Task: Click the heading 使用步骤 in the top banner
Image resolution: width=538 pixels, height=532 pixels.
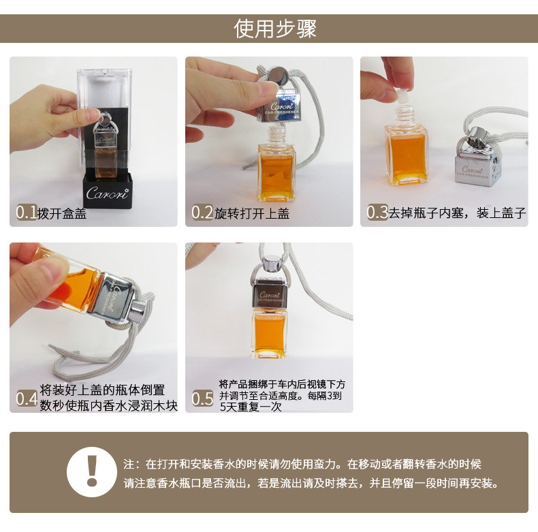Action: point(275,29)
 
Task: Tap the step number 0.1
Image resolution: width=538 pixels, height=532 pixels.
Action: point(27,213)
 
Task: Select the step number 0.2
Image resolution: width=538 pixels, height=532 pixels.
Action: point(202,213)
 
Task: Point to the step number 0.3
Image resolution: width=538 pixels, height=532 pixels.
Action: point(377,213)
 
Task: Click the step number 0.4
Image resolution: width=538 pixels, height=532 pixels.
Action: point(27,398)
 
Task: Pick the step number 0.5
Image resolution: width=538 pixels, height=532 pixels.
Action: point(202,398)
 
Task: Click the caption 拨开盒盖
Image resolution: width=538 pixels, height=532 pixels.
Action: point(62,213)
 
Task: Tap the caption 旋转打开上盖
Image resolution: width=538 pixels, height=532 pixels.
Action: point(252,213)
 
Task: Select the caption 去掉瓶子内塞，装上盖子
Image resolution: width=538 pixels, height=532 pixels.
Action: point(457,213)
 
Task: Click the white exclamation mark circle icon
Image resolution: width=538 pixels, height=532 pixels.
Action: point(92,472)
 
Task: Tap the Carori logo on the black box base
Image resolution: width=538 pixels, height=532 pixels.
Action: point(108,193)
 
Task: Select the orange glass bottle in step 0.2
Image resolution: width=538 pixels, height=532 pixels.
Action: point(276,164)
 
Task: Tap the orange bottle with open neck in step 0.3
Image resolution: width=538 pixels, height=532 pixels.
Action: point(406,146)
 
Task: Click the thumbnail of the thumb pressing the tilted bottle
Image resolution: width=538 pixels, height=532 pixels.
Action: point(48,270)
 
